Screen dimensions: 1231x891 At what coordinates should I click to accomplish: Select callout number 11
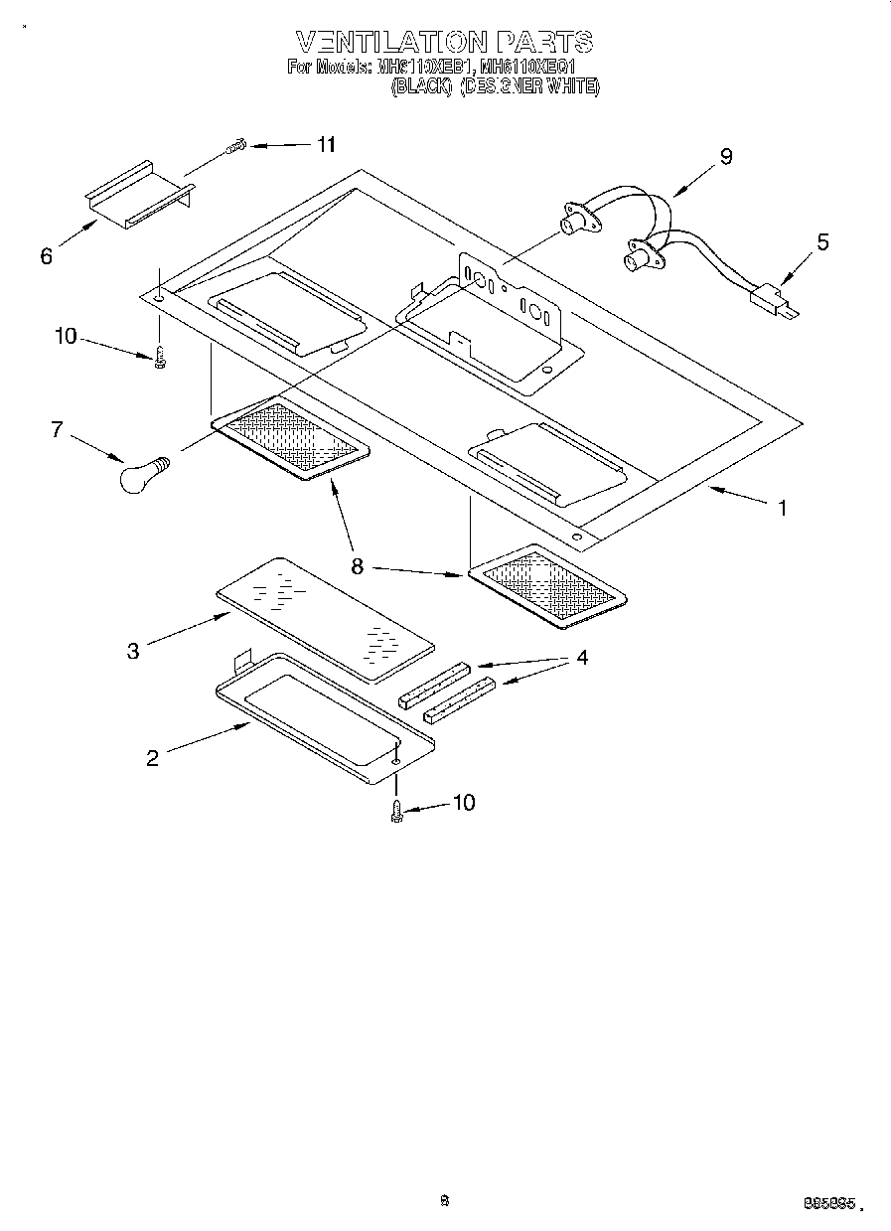(x=326, y=145)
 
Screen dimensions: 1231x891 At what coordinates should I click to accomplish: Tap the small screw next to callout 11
(x=235, y=149)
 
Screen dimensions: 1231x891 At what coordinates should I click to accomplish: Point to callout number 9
(x=726, y=156)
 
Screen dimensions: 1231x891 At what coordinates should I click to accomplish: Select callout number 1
(x=783, y=508)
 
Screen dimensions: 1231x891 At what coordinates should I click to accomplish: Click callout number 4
(x=582, y=658)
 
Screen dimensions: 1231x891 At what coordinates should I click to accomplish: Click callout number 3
(x=133, y=651)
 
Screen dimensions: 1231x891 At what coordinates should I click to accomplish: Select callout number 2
(x=152, y=758)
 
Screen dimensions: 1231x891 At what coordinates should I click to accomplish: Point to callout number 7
(x=57, y=430)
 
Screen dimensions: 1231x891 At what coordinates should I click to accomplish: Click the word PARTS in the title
(x=544, y=43)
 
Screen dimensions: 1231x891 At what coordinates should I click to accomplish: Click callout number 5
(x=822, y=242)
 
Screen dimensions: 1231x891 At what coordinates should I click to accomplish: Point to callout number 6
(x=47, y=256)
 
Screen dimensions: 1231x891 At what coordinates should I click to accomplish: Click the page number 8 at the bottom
(x=445, y=1200)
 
